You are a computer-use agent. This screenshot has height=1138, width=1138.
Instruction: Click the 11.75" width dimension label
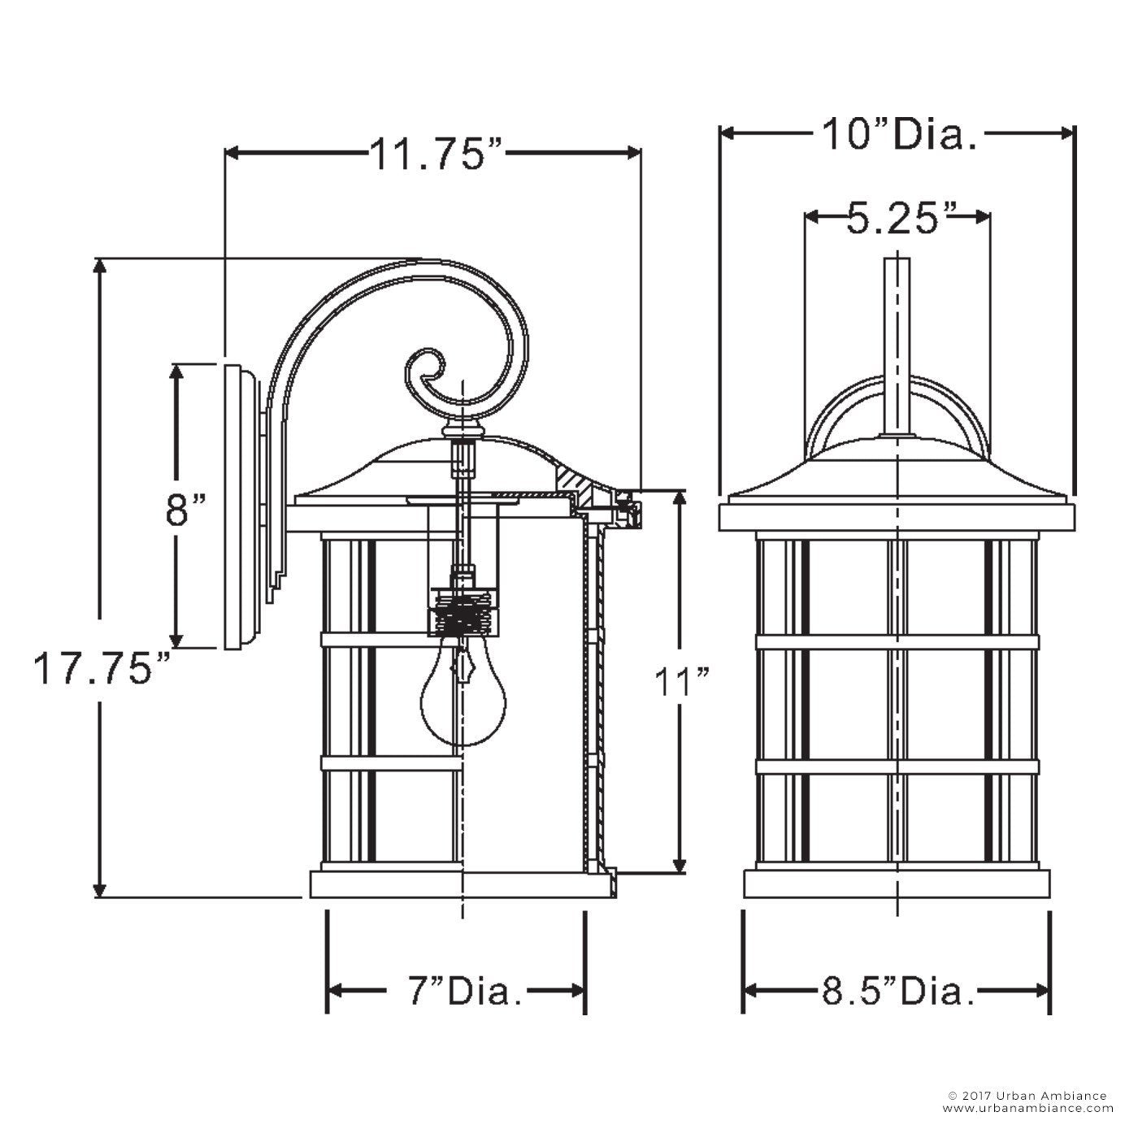(437, 154)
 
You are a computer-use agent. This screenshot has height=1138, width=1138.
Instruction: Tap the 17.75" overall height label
(101, 668)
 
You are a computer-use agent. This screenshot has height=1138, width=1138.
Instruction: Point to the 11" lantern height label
(681, 684)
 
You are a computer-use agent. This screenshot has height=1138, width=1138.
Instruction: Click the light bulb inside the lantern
(463, 696)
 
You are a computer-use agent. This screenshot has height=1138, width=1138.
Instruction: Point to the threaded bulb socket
(463, 615)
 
